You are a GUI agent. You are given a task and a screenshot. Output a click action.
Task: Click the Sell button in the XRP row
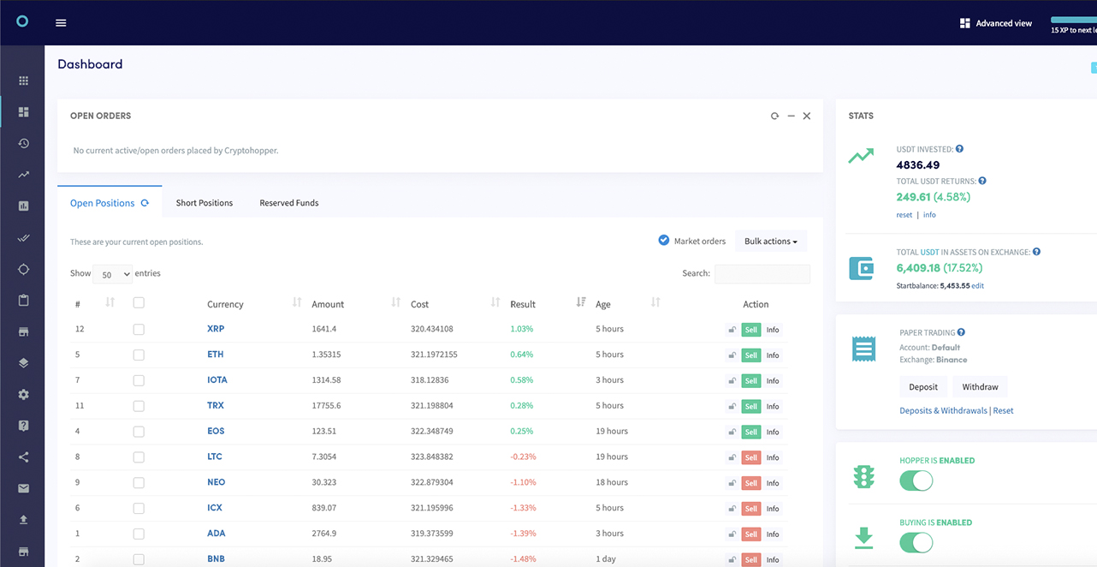click(750, 330)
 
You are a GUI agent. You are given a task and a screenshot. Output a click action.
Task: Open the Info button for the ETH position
click(772, 355)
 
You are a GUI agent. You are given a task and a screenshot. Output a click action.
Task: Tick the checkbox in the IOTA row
click(139, 380)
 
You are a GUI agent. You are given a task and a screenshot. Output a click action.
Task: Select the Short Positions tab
click(205, 203)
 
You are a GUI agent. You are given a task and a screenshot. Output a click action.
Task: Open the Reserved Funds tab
click(289, 203)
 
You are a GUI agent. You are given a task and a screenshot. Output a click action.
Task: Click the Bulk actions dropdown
click(770, 242)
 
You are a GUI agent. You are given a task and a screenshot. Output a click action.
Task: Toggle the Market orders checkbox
click(663, 241)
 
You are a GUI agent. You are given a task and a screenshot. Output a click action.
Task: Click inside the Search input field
click(762, 274)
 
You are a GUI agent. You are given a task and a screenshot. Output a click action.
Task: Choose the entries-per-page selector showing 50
click(112, 275)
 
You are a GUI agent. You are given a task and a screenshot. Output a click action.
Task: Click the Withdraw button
click(980, 387)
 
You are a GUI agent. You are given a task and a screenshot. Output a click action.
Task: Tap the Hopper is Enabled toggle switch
click(916, 480)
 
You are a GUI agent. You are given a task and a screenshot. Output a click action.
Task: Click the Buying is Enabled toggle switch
click(916, 542)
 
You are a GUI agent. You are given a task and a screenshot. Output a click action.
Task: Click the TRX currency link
click(216, 406)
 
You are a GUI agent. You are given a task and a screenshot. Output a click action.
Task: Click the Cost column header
click(419, 304)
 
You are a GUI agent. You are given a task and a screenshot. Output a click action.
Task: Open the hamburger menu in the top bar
click(61, 23)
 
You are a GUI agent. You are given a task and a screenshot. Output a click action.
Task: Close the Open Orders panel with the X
click(806, 116)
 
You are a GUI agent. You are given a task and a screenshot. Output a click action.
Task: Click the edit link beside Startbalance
click(977, 286)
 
